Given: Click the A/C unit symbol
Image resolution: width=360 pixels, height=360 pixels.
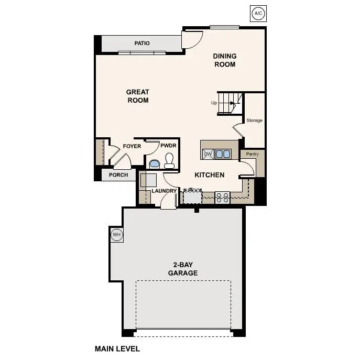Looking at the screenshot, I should pos(257,13).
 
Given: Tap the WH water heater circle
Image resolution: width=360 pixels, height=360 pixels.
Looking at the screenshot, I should pos(116,235).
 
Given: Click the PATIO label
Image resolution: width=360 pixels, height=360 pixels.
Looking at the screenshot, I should pos(141,43).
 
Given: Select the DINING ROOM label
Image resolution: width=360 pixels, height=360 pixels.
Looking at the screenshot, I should pos(224,60).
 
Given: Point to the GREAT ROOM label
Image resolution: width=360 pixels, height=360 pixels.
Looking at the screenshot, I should pos(138,96).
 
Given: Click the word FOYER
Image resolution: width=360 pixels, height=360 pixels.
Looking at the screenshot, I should pos(132,146).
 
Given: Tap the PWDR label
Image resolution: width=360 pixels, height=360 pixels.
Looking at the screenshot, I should pos(168,146).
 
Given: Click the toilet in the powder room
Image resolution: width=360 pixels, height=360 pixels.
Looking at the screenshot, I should pos(170,160).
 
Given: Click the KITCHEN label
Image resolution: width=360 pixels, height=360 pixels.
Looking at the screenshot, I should pos(210,175).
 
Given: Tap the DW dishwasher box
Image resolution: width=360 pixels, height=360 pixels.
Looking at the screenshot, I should pos(208,154).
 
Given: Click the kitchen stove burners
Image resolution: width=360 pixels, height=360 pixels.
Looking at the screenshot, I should pos(223,198).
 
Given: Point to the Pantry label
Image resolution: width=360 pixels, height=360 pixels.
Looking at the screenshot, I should pos(253,154).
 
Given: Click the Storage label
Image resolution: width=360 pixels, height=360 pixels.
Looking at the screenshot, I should pos(255,121).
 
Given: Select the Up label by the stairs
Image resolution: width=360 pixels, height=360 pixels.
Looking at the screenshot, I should pos(214,103).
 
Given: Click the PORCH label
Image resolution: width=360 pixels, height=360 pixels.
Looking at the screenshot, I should pos(118,175).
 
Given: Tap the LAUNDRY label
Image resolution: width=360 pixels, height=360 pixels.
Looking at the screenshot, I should pos(164,191).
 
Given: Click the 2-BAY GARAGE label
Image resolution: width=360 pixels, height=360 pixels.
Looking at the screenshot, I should pos(183,269).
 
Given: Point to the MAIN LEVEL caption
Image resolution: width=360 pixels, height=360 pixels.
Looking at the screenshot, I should pos(117,348).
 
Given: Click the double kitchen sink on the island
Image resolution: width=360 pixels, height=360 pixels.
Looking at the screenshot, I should pos(223,154).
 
